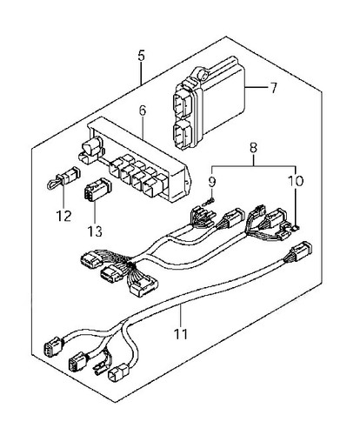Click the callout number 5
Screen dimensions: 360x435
pyautogui.click(x=141, y=56)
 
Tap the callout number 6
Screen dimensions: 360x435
pyautogui.click(x=143, y=110)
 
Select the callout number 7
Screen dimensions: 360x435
pyautogui.click(x=273, y=87)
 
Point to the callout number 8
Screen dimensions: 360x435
pyautogui.click(x=253, y=148)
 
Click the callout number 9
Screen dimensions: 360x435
pyautogui.click(x=212, y=182)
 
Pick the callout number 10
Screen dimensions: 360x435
pyautogui.click(x=296, y=181)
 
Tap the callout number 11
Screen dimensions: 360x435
pyautogui.click(x=181, y=334)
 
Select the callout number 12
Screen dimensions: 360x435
pyautogui.click(x=63, y=216)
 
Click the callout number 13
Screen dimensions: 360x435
pyautogui.click(x=95, y=231)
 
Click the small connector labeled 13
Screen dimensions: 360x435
pyautogui.click(x=97, y=189)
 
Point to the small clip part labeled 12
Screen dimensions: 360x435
pyautogui.click(x=63, y=177)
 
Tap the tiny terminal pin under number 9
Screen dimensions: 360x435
pyautogui.click(x=210, y=202)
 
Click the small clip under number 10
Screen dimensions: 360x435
pyautogui.click(x=295, y=229)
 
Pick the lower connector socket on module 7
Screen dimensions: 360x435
pyautogui.click(x=183, y=134)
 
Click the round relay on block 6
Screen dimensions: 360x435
pyautogui.click(x=92, y=144)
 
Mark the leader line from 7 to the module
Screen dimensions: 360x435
pyautogui.click(x=256, y=87)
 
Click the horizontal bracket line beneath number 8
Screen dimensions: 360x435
pyautogui.click(x=254, y=166)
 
